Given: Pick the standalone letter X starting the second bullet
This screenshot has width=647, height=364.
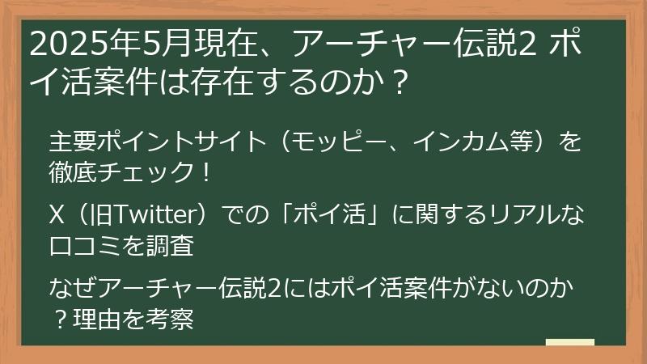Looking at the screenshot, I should [57, 216].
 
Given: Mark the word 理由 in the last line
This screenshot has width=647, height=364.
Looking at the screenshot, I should [97, 318].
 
